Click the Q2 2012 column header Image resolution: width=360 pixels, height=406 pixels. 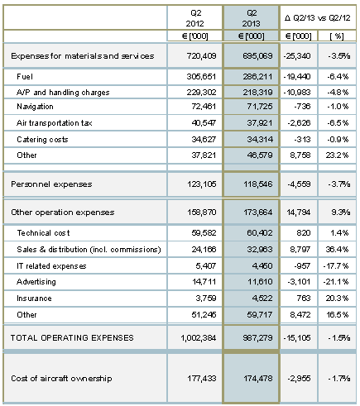point(194,18)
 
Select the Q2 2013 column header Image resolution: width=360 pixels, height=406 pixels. point(252,18)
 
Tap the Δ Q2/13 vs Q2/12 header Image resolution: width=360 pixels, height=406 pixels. point(318,18)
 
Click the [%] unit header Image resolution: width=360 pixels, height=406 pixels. point(337,36)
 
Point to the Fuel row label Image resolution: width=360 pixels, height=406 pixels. point(25,77)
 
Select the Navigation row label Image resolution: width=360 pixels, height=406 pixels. point(35,107)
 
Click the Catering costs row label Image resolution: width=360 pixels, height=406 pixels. point(42,140)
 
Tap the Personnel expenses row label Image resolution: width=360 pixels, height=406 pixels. point(51,184)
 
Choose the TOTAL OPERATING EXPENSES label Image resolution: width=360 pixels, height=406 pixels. point(72,337)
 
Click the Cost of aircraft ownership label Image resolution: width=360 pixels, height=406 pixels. point(61,378)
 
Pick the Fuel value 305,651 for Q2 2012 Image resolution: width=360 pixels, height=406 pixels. point(201,77)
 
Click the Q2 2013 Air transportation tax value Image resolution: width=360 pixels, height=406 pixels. point(260,123)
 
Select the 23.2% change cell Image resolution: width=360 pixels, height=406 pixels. point(337,155)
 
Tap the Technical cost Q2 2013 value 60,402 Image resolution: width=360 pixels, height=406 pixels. point(260,233)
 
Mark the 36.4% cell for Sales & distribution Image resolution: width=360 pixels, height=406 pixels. point(337,250)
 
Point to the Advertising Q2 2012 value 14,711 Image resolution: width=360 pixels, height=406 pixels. point(204,282)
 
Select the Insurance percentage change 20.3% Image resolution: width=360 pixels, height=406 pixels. point(337,299)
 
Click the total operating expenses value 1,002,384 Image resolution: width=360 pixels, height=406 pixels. point(199,337)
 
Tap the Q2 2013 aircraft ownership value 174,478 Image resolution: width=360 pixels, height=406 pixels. point(258,378)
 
